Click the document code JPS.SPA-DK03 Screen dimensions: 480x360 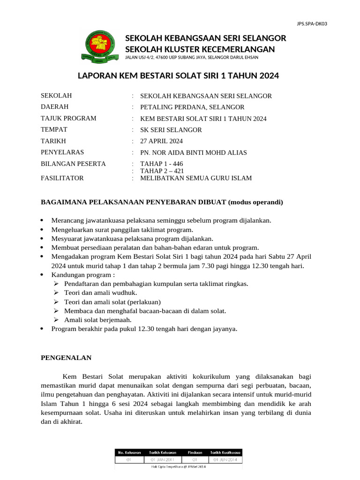pyautogui.click(x=312, y=23)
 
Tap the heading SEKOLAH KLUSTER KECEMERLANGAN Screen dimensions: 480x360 pyautogui.click(x=200, y=49)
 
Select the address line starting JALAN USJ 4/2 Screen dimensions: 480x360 pyautogui.click(x=191, y=58)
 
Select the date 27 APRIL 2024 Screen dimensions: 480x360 pyautogui.click(x=158, y=141)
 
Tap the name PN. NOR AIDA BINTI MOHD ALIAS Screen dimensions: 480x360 pyautogui.click(x=190, y=152)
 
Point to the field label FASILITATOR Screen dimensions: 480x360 pyautogui.click(x=62, y=178)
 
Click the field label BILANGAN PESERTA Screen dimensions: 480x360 pyautogui.click(x=74, y=164)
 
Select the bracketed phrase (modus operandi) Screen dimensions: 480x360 pyautogui.click(x=255, y=202)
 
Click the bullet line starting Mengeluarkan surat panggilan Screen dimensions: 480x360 pyautogui.click(x=122, y=230)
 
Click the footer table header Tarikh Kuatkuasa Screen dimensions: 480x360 pyautogui.click(x=225, y=452)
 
